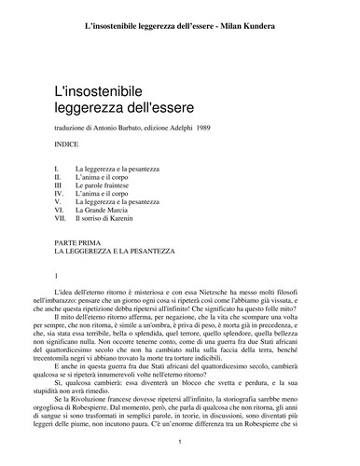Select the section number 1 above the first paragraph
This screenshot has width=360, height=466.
(x=58, y=276)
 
